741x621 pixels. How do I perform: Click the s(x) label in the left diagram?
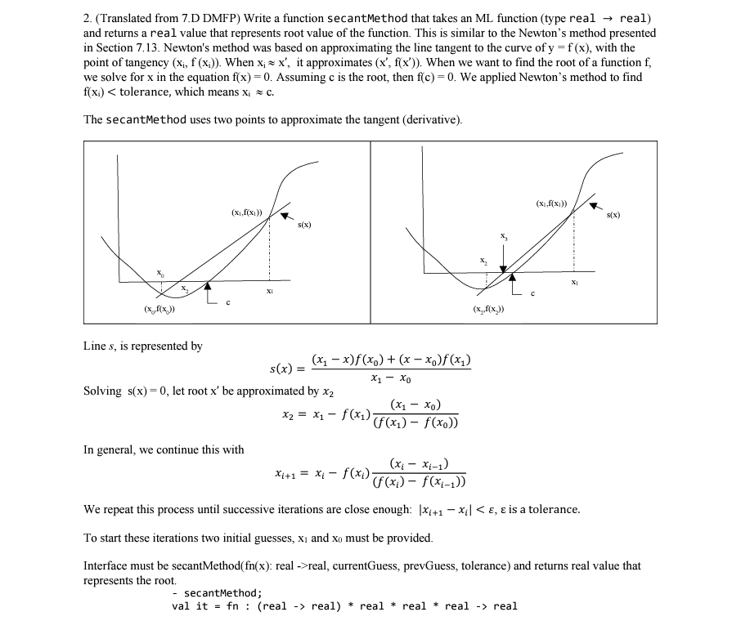pos(304,224)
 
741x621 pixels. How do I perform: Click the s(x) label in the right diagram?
pos(613,216)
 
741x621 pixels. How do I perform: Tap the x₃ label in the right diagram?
pos(504,236)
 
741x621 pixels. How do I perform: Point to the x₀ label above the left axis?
pos(161,272)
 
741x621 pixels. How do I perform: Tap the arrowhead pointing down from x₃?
pos(504,267)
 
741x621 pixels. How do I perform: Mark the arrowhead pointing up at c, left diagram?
pos(208,286)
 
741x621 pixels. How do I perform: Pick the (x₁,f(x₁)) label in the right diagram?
pos(552,202)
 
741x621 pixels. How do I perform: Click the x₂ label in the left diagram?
pos(185,289)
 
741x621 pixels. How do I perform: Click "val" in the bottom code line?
pos(182,606)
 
